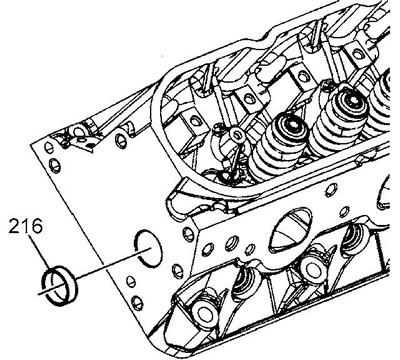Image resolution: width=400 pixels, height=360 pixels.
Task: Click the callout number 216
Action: pos(26,227)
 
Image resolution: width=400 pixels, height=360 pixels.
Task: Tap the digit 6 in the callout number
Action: pos(37,227)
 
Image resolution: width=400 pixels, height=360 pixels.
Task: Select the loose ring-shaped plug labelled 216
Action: pos(59,285)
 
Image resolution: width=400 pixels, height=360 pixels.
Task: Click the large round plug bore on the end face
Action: pos(148,248)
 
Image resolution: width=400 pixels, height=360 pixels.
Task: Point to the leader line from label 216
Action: pos(41,252)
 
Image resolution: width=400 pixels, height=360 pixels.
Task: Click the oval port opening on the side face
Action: pos(290,229)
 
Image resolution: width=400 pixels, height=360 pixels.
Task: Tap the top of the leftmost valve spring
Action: pos(291,123)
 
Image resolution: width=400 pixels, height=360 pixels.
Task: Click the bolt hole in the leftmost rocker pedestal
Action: pos(194,120)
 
